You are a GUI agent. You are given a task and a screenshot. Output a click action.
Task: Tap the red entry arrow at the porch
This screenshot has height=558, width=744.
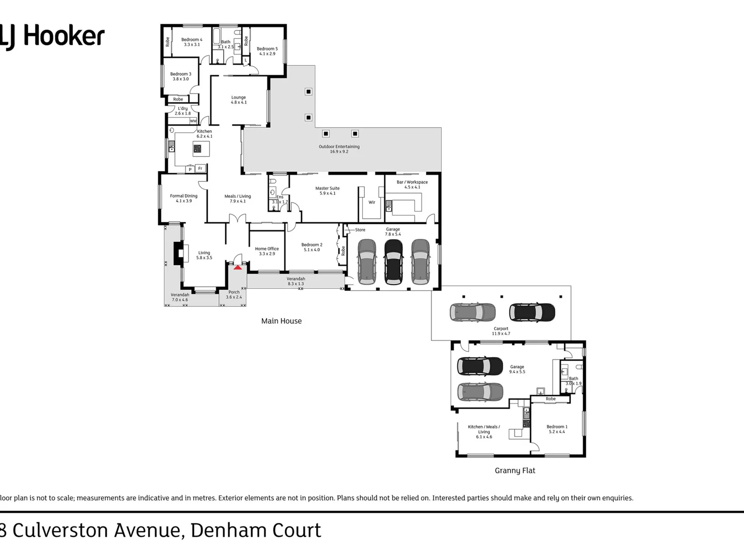pos(238,267)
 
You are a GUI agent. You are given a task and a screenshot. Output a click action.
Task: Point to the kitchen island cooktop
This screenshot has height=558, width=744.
pos(197,149)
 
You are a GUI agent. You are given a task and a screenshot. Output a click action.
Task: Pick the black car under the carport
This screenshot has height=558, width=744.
pos(532,312)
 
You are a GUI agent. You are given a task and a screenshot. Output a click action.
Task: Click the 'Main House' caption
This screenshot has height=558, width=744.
pos(281,321)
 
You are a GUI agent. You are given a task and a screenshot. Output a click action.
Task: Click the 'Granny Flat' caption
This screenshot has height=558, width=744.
pos(515,471)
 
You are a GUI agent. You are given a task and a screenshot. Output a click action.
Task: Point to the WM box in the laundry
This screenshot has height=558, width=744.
pos(193,121)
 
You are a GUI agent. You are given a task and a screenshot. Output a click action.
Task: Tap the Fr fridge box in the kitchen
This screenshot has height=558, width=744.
pos(200,168)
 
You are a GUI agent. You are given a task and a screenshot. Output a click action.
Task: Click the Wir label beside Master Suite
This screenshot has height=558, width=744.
pos(371,203)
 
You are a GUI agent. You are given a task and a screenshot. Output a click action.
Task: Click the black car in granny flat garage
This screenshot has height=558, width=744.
pos(480,366)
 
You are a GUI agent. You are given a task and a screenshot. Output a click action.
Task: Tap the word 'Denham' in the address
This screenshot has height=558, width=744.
pos(223,531)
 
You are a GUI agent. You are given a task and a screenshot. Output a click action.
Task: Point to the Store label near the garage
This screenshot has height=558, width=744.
pos(360,230)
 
